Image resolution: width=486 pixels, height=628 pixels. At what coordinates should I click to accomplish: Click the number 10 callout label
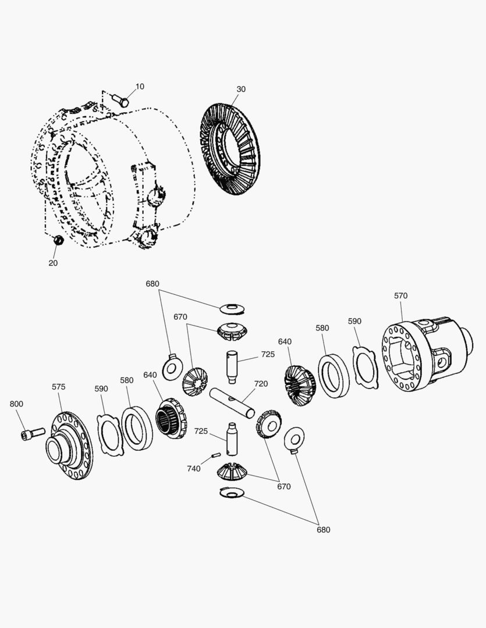tap(140, 87)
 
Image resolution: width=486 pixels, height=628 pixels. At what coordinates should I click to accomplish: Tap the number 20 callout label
tap(53, 263)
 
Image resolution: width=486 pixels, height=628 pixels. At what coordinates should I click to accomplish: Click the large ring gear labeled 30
tap(230, 149)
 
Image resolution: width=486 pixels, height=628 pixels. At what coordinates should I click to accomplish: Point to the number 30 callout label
tap(241, 89)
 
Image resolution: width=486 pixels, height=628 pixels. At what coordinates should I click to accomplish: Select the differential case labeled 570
tap(425, 355)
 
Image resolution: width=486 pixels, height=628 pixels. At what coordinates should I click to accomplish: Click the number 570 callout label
tap(400, 295)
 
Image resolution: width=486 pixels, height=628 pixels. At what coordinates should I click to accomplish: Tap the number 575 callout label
tap(59, 387)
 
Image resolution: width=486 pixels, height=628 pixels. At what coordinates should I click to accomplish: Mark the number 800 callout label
tap(16, 404)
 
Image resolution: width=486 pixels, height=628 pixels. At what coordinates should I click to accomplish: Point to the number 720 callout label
tap(261, 384)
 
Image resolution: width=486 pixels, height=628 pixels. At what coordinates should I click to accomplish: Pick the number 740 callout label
tap(194, 468)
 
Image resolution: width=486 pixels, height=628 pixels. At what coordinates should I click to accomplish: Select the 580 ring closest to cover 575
tap(137, 429)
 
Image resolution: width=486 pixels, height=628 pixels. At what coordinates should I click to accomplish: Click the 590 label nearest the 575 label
tap(101, 388)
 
